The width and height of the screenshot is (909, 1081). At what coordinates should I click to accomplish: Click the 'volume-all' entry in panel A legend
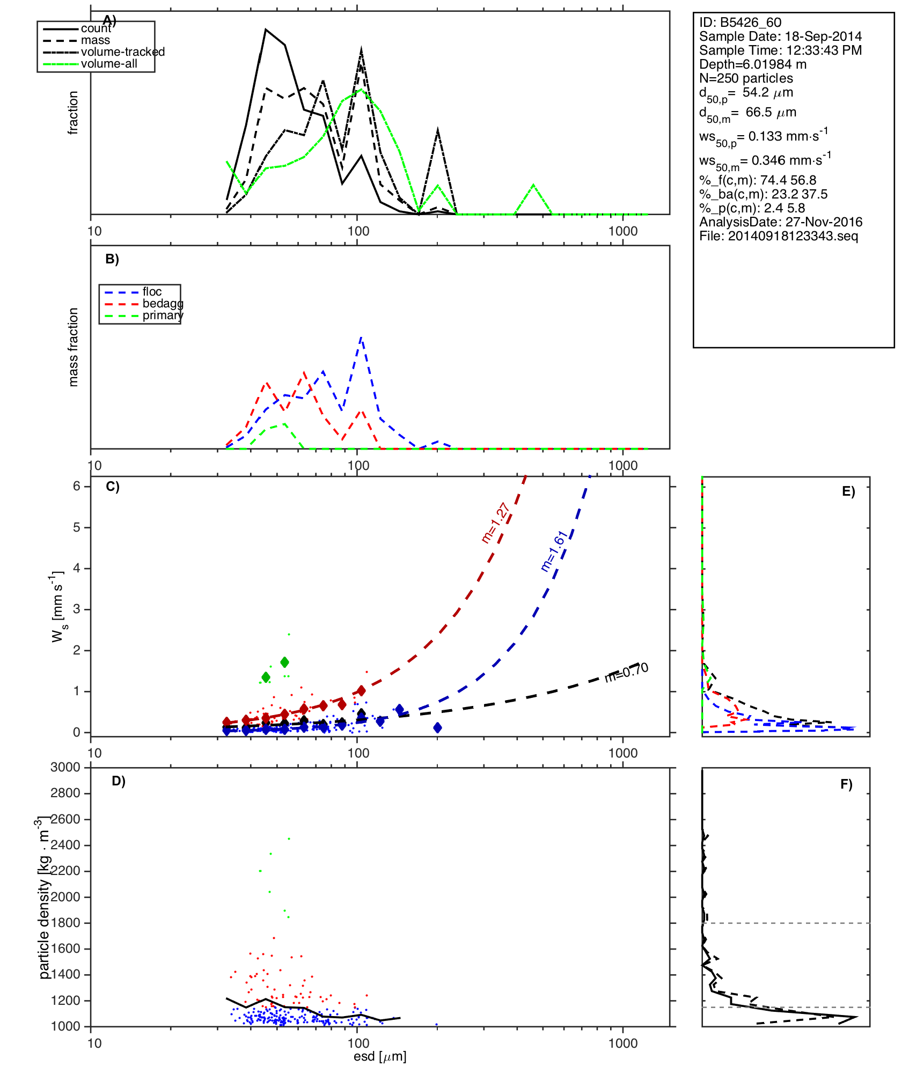109,64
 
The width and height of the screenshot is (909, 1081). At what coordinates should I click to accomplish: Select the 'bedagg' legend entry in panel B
163,304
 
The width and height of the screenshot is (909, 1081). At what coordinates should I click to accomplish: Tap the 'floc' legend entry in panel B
152,292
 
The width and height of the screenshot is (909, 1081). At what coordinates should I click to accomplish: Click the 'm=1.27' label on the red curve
495,523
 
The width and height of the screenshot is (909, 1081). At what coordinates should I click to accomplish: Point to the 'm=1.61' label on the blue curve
553,551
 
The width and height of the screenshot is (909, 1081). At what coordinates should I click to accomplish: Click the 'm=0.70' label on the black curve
626,672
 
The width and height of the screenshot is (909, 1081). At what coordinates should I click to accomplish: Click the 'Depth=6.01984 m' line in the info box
752,64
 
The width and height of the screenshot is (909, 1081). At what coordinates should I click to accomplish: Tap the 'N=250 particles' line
746,78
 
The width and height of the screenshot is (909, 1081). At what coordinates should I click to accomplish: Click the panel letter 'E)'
848,492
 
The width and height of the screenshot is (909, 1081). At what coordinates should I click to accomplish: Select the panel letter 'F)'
846,784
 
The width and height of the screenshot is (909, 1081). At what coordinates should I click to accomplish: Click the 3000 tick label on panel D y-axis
65,767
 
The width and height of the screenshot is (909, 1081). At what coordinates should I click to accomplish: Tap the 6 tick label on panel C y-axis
77,486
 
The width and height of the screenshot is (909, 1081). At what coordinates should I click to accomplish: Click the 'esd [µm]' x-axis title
380,1057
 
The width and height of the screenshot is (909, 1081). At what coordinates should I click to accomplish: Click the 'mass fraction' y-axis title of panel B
74,347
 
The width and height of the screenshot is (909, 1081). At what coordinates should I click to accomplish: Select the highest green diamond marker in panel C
284,662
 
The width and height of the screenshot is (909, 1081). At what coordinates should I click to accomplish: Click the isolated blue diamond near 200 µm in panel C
437,728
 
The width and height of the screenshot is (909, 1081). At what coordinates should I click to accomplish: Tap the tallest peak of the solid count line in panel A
266,30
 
